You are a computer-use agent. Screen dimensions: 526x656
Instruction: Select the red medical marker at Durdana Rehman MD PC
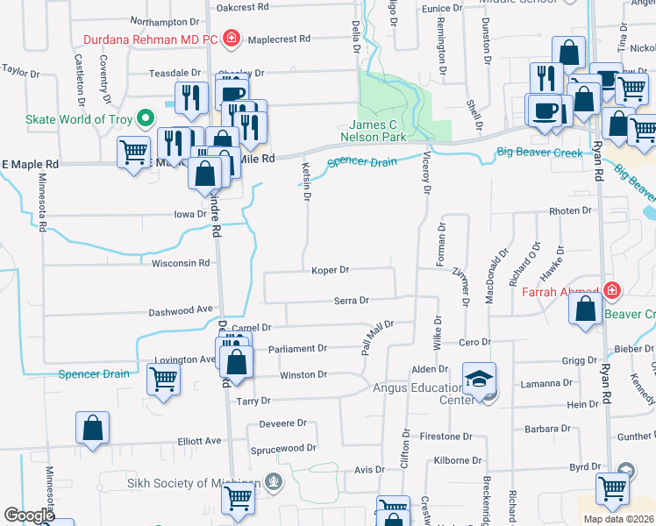tap(232, 39)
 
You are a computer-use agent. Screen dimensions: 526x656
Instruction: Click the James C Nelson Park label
tap(378, 131)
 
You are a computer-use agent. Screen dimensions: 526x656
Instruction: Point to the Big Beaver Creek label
tap(539, 153)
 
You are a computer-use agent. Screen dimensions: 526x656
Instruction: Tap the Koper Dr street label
tap(331, 270)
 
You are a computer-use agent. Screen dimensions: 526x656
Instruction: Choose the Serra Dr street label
tap(351, 301)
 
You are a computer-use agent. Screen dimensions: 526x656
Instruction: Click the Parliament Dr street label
tap(298, 348)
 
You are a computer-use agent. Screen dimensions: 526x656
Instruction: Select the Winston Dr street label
tap(303, 375)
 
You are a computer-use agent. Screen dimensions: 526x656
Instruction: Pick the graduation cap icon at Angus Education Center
tap(479, 378)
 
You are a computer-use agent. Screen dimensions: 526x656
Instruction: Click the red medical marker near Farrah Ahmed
tap(610, 291)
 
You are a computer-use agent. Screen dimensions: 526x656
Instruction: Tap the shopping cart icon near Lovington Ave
tap(164, 380)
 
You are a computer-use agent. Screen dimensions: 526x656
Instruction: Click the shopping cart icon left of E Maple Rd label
tap(133, 153)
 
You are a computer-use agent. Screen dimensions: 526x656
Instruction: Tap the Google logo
tap(29, 515)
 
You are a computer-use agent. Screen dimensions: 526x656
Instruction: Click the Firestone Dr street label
tap(446, 437)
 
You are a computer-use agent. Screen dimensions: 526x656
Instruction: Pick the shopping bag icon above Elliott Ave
tap(93, 428)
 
